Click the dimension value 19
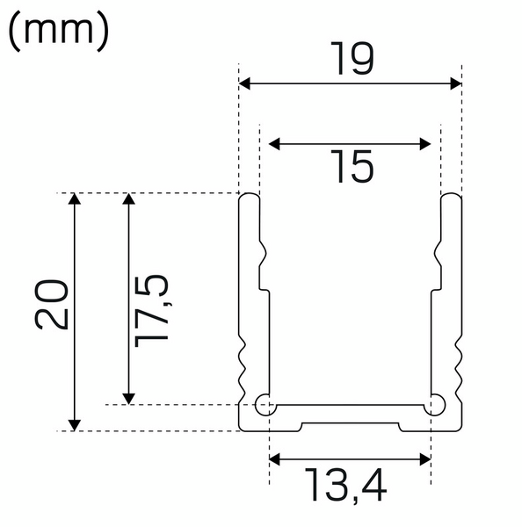352,59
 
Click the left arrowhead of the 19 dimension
246,83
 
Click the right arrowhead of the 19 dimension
455,83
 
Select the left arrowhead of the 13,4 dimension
274,459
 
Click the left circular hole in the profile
264,405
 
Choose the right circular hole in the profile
435,405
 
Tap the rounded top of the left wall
250,197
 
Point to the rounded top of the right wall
451,197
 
